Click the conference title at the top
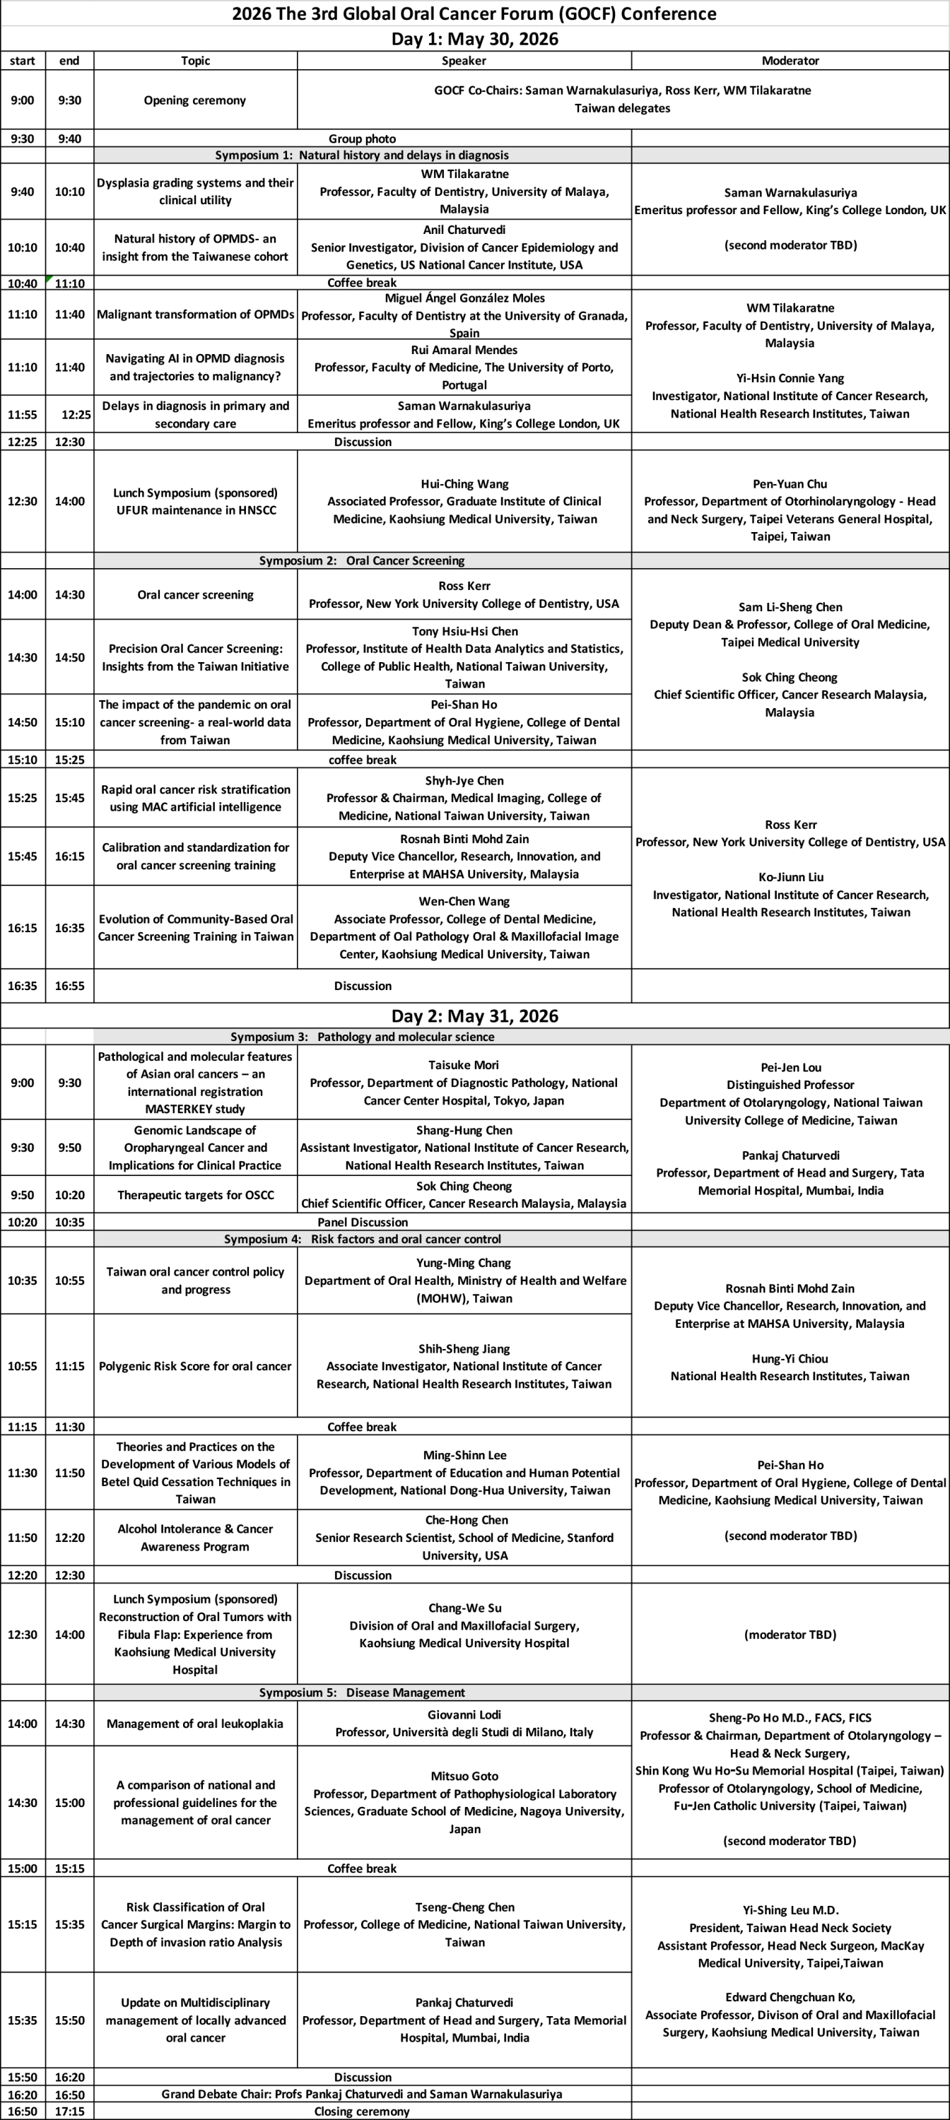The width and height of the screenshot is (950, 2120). (474, 13)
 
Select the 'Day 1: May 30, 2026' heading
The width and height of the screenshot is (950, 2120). (474, 39)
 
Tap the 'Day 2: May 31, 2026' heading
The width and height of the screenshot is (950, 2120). (474, 1015)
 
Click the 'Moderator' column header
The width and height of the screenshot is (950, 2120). (790, 60)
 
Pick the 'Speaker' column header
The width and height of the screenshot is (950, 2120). (464, 60)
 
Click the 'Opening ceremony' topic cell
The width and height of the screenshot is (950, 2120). (195, 100)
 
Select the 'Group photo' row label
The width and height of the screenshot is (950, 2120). (362, 139)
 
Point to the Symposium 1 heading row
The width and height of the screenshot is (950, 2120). (362, 155)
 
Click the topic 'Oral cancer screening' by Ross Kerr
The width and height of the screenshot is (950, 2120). (195, 594)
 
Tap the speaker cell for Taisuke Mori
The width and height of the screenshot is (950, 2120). (464, 1082)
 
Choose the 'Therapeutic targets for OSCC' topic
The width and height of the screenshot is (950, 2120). (195, 1194)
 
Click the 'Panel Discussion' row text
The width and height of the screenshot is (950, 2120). (362, 1222)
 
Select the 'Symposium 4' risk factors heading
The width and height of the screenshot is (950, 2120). (362, 1239)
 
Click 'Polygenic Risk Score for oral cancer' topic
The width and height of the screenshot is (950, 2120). (195, 1366)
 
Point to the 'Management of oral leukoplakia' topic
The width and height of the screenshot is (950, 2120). (195, 1724)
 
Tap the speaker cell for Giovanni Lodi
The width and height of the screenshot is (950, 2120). (464, 1724)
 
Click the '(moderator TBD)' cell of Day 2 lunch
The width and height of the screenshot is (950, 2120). (790, 1635)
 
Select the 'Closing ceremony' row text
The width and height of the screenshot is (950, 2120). (362, 2111)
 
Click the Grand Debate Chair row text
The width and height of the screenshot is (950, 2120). (362, 2095)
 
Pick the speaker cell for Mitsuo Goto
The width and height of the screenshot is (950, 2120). (464, 1802)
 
